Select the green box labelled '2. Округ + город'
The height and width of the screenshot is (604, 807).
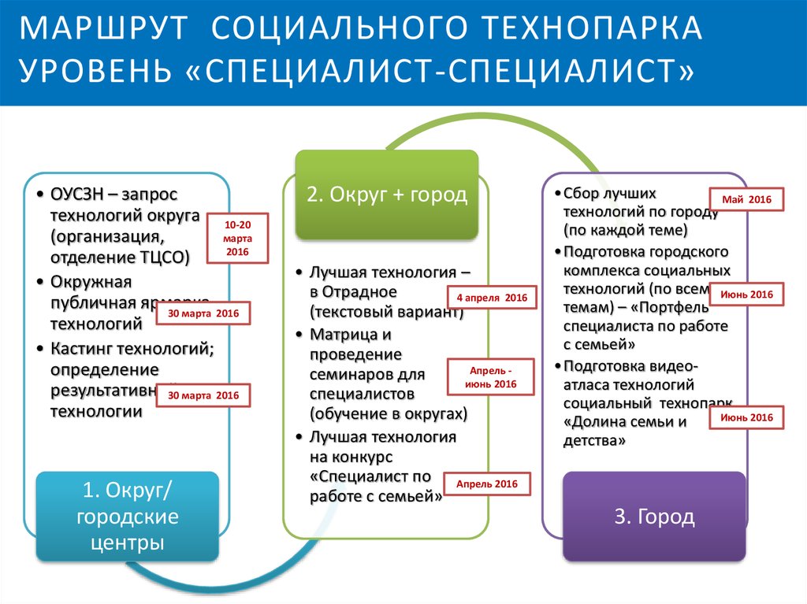click(x=386, y=195)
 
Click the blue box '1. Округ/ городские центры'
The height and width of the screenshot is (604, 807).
click(x=128, y=517)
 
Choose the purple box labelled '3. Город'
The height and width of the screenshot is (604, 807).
click(x=654, y=517)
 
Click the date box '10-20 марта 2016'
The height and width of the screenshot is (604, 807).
click(x=237, y=238)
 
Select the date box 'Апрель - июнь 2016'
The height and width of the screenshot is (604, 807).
click(x=493, y=377)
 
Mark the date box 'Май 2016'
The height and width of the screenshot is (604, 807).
click(x=746, y=200)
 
